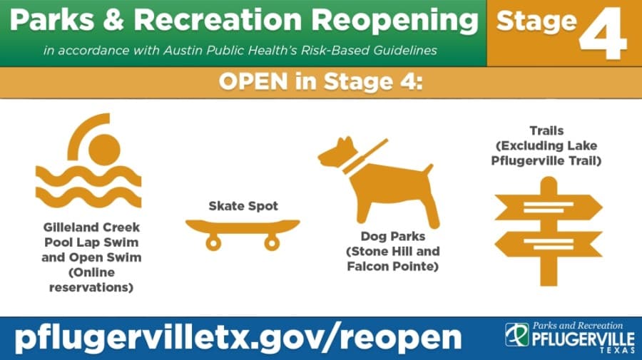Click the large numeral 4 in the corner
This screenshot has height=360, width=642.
pyautogui.click(x=603, y=33)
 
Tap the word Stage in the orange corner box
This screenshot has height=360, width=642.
pyautogui.click(x=536, y=21)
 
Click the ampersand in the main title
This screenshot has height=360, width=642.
pyautogui.click(x=113, y=20)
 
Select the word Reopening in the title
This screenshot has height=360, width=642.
pyautogui.click(x=394, y=21)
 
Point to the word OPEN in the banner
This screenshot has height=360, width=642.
pyautogui.click(x=253, y=81)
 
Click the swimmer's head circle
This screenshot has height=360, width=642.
pyautogui.click(x=104, y=150)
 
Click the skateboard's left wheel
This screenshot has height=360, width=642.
pyautogui.click(x=213, y=243)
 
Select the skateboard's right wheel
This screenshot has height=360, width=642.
pyautogui.click(x=272, y=243)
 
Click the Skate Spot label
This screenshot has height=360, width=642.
pyautogui.click(x=243, y=206)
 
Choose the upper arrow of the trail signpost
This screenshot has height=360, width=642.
pyautogui.click(x=549, y=207)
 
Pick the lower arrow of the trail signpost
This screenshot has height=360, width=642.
pyautogui.click(x=549, y=244)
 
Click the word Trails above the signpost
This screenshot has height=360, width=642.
pyautogui.click(x=546, y=130)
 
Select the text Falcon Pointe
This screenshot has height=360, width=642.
pyautogui.click(x=392, y=267)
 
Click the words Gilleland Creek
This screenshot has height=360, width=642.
pyautogui.click(x=91, y=227)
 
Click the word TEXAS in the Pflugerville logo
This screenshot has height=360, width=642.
pyautogui.click(x=617, y=350)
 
